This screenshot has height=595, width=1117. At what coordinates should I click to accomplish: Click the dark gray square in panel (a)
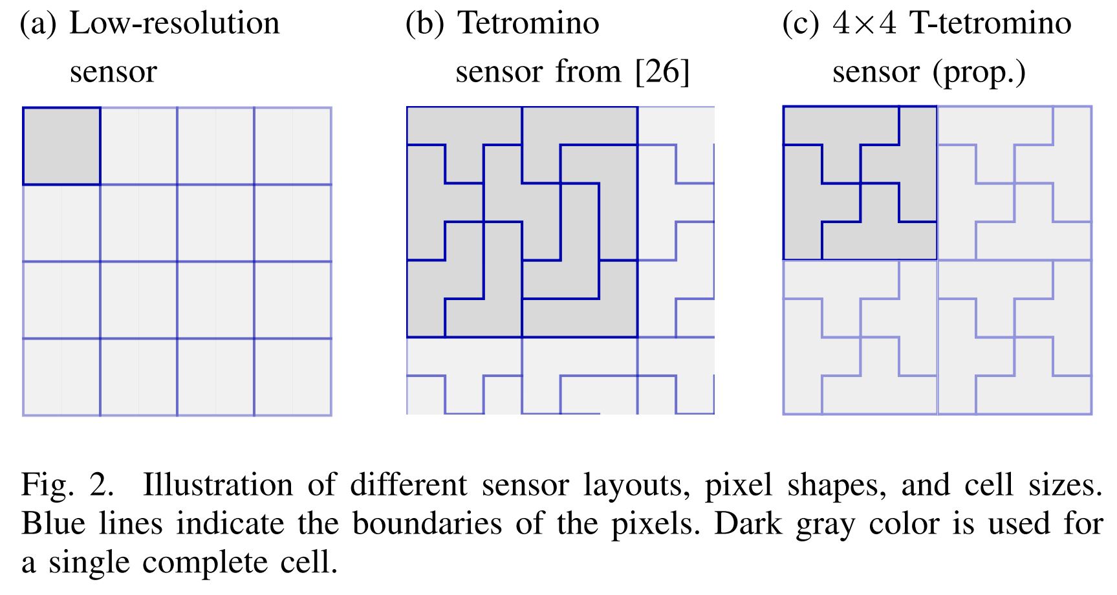[x=61, y=146]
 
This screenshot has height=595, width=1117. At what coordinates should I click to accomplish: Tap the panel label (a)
[x=38, y=24]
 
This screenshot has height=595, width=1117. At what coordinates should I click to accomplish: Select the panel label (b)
[x=424, y=24]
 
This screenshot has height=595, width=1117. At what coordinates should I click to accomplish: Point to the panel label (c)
[x=801, y=24]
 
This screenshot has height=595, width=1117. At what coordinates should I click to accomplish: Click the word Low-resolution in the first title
[x=175, y=24]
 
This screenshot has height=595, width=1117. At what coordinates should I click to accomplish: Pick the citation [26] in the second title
[x=662, y=72]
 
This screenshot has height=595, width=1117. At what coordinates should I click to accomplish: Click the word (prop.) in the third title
[x=979, y=72]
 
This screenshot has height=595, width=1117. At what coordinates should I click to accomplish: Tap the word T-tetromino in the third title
[x=990, y=24]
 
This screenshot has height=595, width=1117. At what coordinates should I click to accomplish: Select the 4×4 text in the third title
[x=864, y=24]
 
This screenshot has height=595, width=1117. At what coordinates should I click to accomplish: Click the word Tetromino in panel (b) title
[x=528, y=24]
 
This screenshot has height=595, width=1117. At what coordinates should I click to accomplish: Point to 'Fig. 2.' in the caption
[x=67, y=485]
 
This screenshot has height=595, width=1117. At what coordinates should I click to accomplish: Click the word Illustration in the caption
[x=217, y=485]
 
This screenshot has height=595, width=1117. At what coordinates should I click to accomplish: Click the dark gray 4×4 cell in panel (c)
[x=860, y=183]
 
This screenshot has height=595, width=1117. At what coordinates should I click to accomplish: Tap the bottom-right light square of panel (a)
[x=292, y=376]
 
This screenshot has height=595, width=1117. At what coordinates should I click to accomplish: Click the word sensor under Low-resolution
[x=113, y=72]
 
